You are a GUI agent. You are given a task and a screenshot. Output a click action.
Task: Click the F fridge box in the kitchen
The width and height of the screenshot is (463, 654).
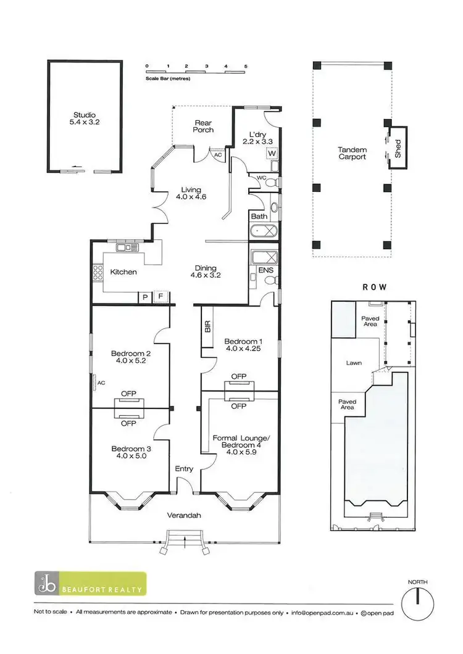point(162,297)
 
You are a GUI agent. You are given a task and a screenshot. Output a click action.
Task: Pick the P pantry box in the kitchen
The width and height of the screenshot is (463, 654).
point(144,297)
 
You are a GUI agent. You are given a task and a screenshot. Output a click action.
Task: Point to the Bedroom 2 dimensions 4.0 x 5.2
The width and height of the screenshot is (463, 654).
point(128,362)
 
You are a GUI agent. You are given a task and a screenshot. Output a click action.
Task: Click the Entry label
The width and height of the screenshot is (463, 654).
point(184,469)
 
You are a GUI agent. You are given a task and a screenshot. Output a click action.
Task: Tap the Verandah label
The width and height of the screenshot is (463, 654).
point(184,515)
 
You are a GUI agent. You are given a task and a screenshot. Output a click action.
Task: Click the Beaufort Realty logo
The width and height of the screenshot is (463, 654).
point(90,584)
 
